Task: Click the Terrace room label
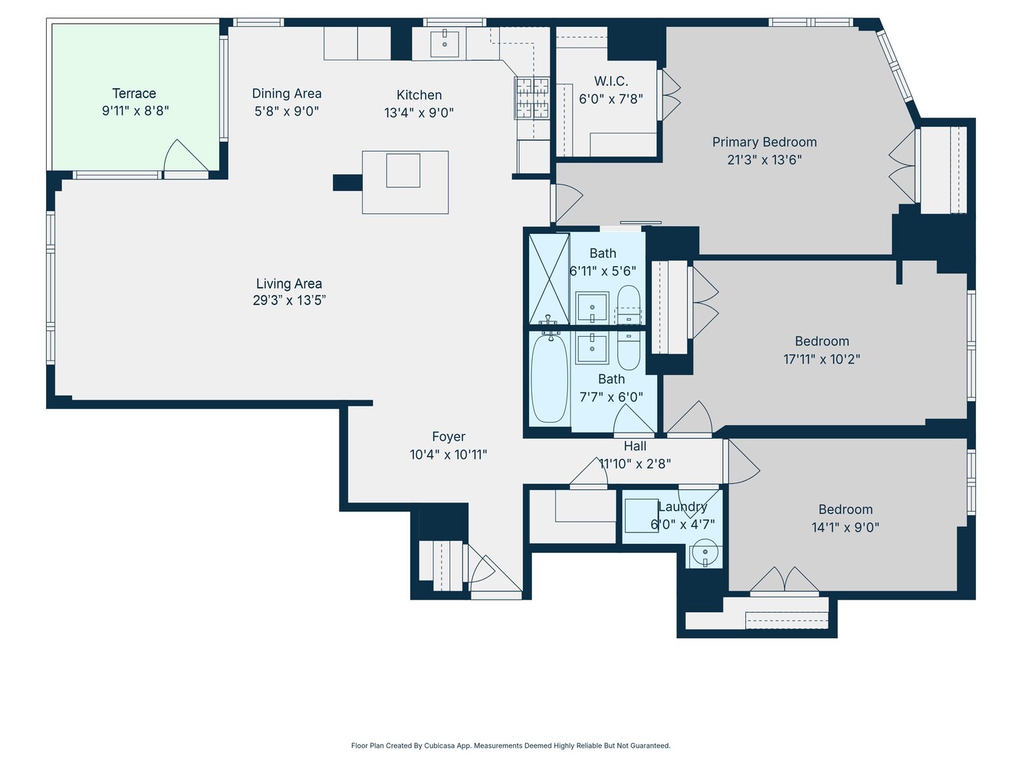point(134,94)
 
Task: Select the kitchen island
point(404,182)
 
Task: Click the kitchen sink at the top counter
point(444,43)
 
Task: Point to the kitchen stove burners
point(532,98)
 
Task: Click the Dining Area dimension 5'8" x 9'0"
point(287,111)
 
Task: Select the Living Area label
point(289,284)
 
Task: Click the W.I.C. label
point(611,81)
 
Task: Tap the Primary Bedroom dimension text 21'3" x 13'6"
point(764,160)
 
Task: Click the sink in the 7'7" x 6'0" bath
point(592,347)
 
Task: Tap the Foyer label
point(449,436)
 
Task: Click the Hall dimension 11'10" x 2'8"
point(635,463)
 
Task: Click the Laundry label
point(682,507)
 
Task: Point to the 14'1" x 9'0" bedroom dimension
point(845,528)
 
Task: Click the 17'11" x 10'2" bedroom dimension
point(822,359)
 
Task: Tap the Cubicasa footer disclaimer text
point(511,746)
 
